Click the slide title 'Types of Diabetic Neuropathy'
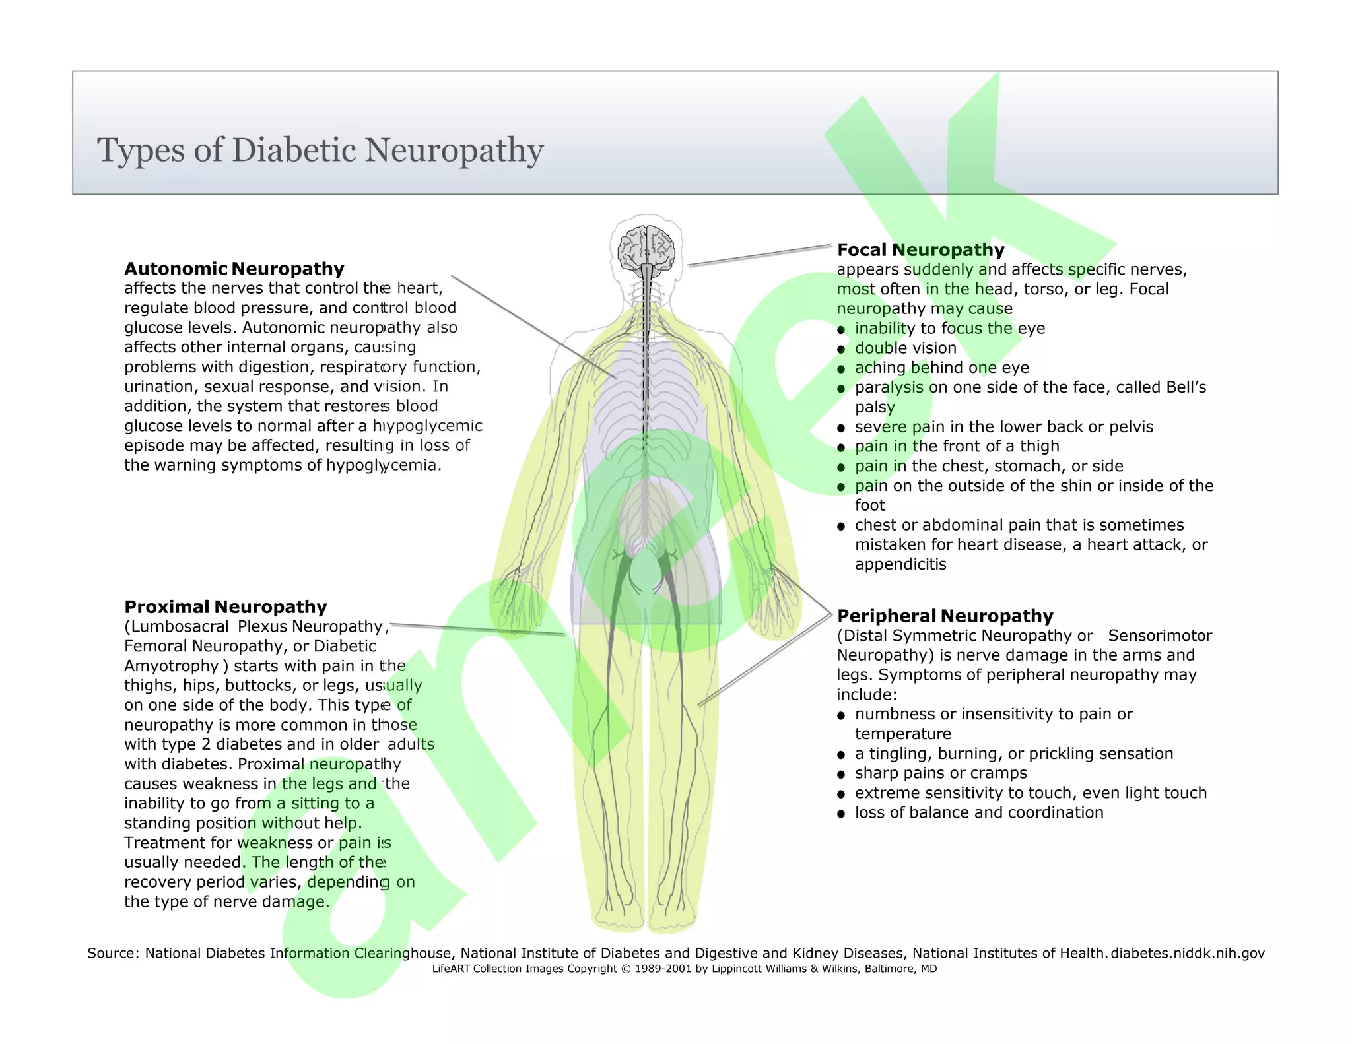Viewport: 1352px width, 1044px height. click(320, 150)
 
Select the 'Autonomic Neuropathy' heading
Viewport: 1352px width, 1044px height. click(234, 269)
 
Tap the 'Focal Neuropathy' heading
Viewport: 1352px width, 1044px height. click(920, 250)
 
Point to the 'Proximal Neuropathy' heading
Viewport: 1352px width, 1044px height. click(226, 607)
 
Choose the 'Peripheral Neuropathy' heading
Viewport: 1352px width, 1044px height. click(945, 616)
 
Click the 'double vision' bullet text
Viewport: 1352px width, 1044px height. click(905, 348)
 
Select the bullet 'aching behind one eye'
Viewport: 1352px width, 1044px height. click(941, 368)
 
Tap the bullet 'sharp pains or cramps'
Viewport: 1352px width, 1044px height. click(940, 773)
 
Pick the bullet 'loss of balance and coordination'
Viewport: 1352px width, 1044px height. click(978, 812)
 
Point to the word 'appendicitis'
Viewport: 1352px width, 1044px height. click(900, 564)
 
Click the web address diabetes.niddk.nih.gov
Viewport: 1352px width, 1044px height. click(1188, 953)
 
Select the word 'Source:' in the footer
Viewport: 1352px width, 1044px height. click(113, 953)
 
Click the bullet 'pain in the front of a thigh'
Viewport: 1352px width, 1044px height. click(957, 447)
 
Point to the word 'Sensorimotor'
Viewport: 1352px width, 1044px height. click(1159, 636)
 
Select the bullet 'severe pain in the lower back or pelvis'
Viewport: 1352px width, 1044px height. click(1003, 427)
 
